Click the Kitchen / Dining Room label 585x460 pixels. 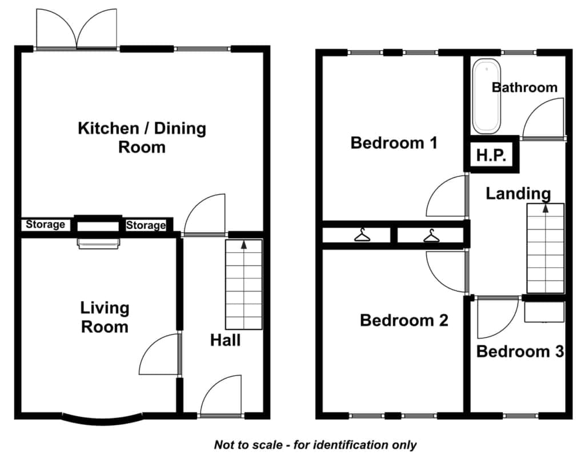(142, 138)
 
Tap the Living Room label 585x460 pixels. (105, 317)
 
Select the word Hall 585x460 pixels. (225, 340)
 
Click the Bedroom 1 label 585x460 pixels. (394, 143)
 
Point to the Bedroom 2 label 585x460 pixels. (404, 320)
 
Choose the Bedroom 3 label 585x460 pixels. (520, 352)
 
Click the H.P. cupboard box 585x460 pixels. (491, 154)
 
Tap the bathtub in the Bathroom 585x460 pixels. (487, 96)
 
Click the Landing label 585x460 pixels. (518, 193)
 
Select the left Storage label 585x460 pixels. (45, 224)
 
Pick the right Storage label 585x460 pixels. (146, 225)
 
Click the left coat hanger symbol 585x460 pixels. (362, 235)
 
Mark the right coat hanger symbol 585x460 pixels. (431, 236)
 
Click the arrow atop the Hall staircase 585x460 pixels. (244, 245)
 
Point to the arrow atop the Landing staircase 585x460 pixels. (546, 208)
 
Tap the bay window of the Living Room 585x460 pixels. (103, 420)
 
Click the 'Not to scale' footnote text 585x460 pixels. (315, 445)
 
